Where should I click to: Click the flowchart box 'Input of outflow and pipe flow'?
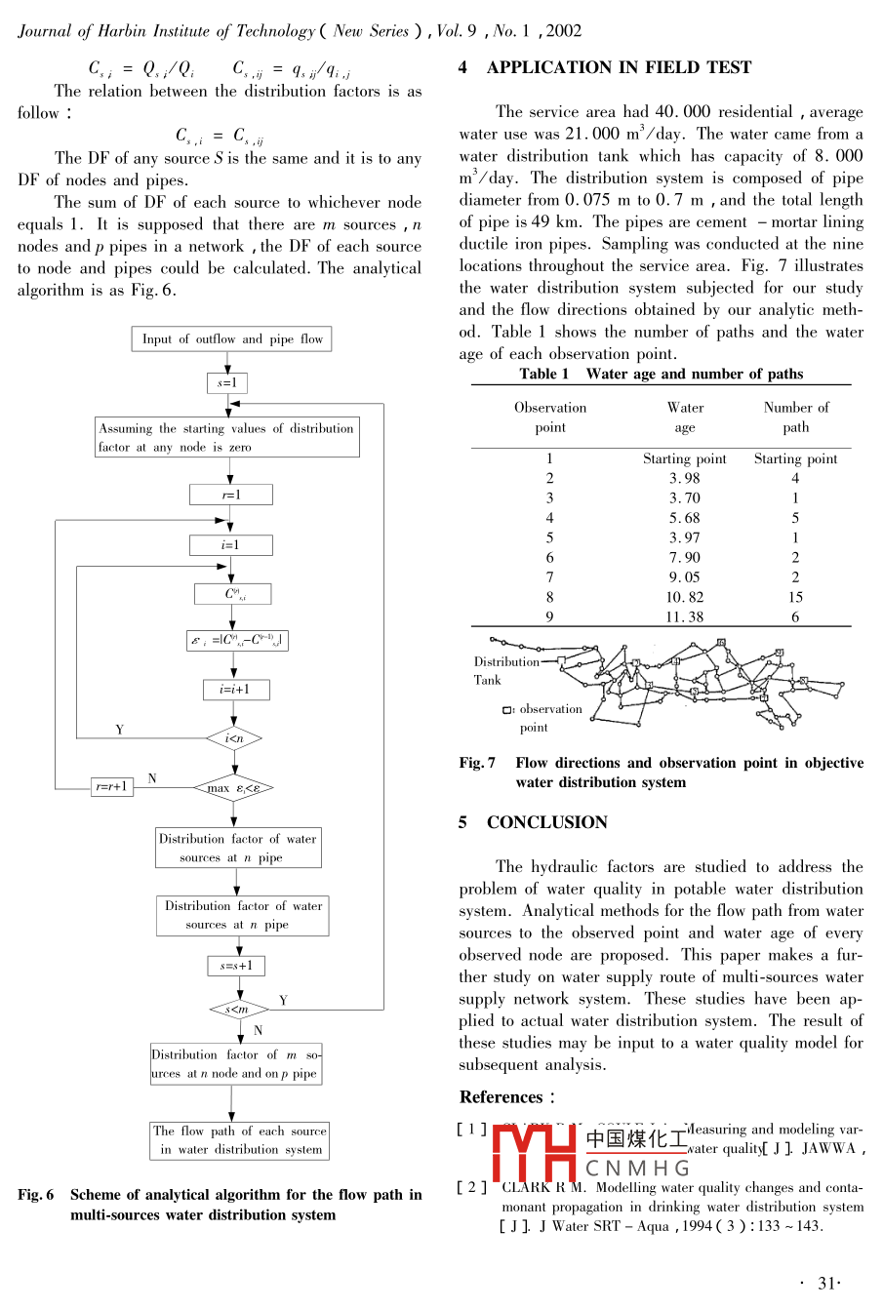tap(232, 339)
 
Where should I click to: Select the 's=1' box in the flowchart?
tap(227, 382)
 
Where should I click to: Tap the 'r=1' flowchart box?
tap(230, 495)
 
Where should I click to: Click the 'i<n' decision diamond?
tap(234, 738)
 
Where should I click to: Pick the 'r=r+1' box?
tap(111, 787)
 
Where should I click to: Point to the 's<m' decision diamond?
tap(238, 1009)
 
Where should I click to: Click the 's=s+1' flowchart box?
tap(236, 966)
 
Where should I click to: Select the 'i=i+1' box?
tap(234, 690)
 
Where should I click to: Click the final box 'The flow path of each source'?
tap(240, 1140)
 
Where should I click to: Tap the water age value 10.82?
tap(684, 597)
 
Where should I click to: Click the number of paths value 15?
tap(795, 597)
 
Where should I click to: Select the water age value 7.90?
tap(684, 557)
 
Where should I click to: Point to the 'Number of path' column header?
tap(795, 417)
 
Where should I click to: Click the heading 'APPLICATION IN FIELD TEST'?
tap(619, 67)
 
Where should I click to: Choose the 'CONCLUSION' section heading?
tap(546, 822)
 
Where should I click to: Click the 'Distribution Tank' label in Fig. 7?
tap(505, 670)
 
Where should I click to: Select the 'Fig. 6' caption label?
tap(36, 1195)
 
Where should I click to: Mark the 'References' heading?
tap(502, 1096)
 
